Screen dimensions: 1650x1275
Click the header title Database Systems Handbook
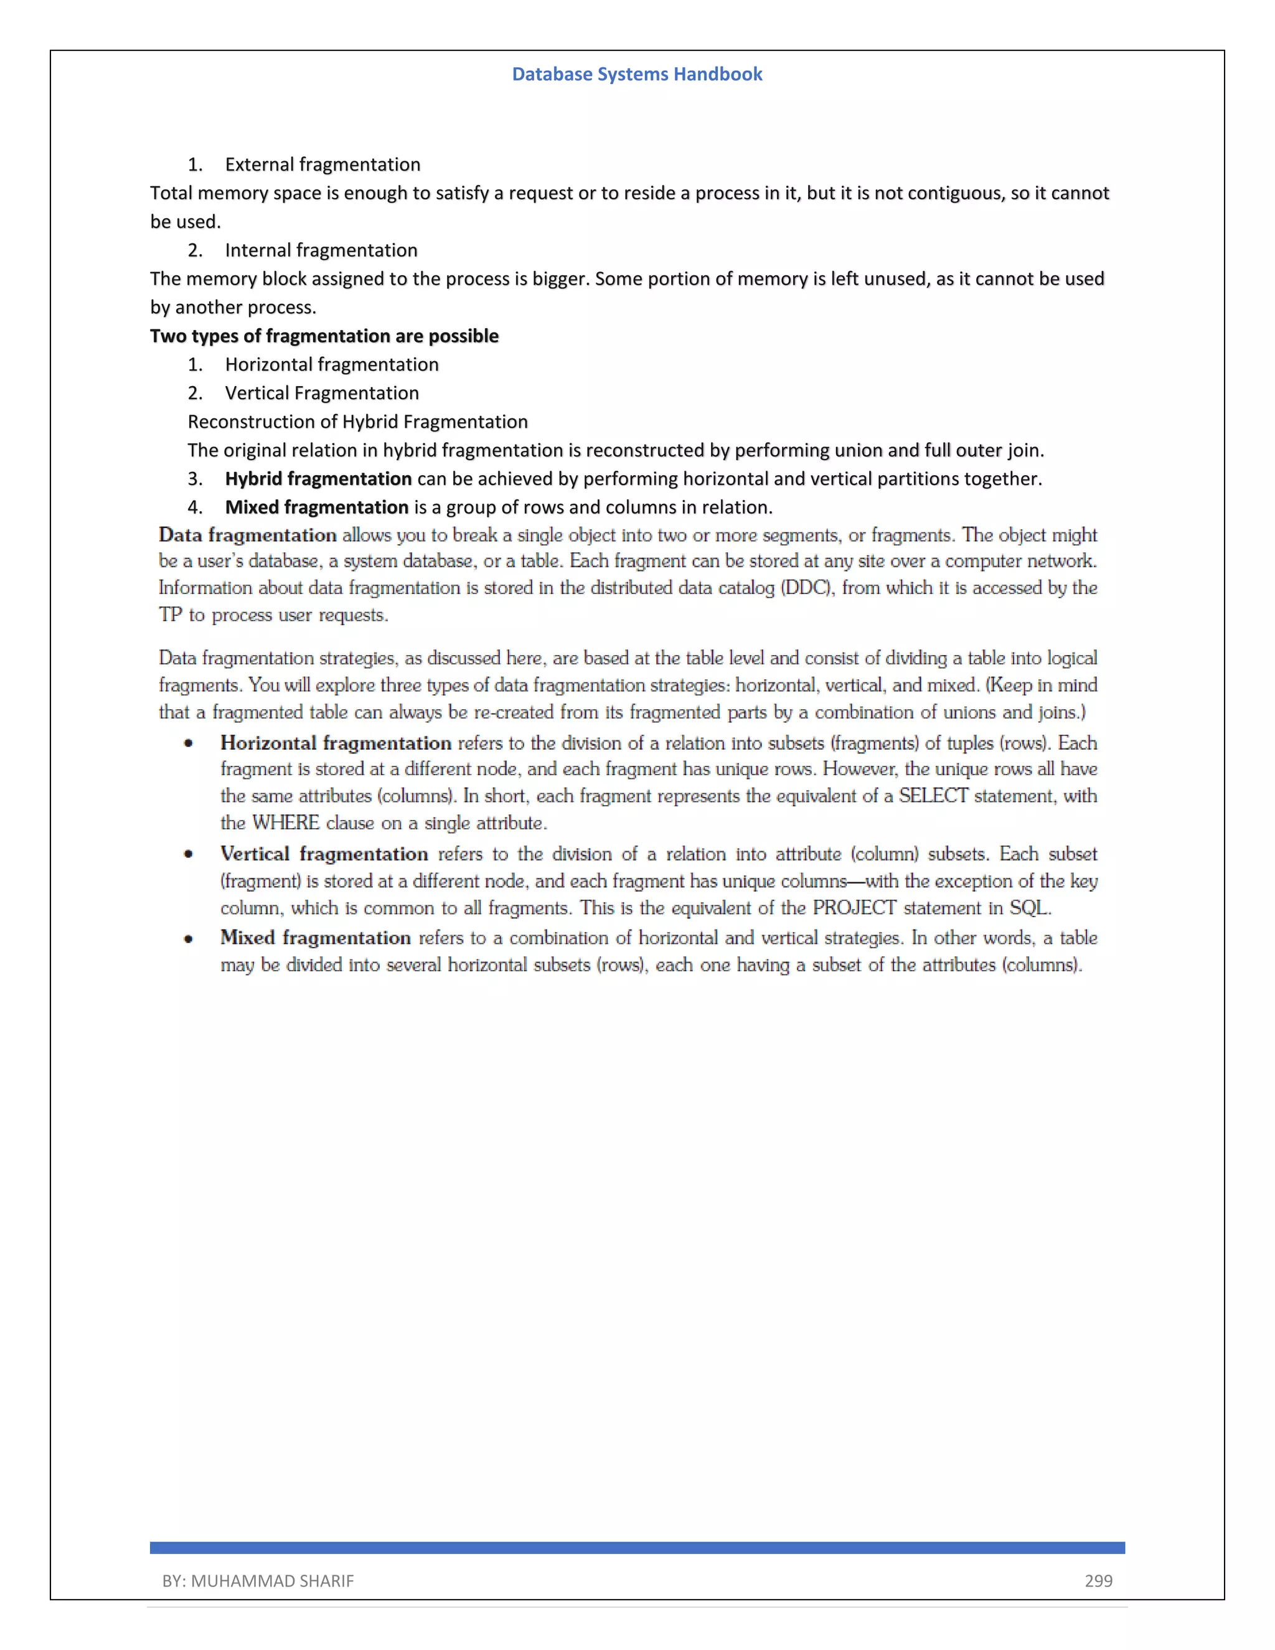click(637, 74)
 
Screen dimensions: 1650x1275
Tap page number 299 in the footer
click(1098, 1580)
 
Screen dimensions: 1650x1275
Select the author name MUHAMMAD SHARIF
click(272, 1580)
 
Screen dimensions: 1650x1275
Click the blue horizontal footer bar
click(637, 1547)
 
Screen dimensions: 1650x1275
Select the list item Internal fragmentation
click(321, 250)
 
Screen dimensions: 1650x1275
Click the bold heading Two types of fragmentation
click(324, 336)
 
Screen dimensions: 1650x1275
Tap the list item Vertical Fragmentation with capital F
click(322, 393)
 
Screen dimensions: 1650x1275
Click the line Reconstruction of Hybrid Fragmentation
click(357, 422)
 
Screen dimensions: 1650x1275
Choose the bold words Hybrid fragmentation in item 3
click(318, 478)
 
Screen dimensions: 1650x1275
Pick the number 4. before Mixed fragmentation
click(195, 507)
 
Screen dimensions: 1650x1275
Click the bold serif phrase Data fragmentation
click(247, 535)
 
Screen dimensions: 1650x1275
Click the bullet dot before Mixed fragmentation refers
click(188, 939)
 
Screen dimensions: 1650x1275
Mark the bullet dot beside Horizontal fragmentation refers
click(188, 744)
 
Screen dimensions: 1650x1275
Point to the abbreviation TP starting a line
click(171, 615)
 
